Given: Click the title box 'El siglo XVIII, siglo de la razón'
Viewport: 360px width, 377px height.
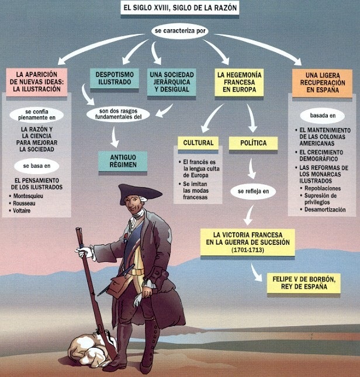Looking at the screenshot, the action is point(179,8).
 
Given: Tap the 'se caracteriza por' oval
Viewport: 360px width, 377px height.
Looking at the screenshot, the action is point(180,31).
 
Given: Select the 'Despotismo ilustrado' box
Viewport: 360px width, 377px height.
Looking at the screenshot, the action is point(115,78).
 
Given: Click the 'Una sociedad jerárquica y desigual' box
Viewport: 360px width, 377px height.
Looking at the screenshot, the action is point(172,82).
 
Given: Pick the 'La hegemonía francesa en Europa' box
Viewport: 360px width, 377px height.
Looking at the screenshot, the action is point(239,82).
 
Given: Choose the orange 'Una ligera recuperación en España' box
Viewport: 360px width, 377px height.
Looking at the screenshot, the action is point(322,83).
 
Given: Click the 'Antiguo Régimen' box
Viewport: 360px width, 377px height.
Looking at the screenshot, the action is point(123,161).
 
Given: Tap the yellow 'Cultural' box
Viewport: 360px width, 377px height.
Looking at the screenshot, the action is point(198,143).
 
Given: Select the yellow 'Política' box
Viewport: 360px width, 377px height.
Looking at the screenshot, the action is point(253,143).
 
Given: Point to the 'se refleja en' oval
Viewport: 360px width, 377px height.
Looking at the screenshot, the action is point(253,191).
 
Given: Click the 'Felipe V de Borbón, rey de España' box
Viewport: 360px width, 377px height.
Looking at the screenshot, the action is point(304,283).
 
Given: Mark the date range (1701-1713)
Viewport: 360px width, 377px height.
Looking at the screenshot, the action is point(248,250).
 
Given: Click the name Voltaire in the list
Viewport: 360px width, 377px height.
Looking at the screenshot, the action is point(22,210).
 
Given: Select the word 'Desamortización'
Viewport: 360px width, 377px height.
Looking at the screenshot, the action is point(325,209).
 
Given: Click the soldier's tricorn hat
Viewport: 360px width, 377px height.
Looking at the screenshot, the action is point(140,192).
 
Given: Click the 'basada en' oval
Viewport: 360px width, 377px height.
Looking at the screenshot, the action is point(323,116).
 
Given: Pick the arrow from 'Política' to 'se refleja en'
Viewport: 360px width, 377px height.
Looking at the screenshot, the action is point(251,168).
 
